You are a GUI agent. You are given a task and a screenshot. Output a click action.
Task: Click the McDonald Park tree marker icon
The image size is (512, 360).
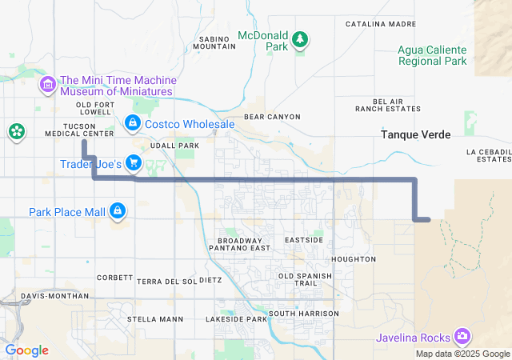tap(300, 39)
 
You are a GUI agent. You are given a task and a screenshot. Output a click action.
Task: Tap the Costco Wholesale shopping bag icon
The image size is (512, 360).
tap(133, 123)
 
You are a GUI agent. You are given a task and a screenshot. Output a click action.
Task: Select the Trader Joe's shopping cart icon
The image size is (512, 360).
tap(134, 164)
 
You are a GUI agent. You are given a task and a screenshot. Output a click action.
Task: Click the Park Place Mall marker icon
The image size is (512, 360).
tap(118, 211)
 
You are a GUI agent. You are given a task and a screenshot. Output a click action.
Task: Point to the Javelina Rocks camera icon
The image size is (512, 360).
tap(462, 337)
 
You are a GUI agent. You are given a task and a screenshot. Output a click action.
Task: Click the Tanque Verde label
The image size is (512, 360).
tap(416, 134)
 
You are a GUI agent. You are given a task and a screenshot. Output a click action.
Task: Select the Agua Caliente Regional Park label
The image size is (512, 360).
tap(432, 54)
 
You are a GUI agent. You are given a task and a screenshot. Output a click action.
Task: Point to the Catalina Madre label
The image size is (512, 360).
tap(381, 24)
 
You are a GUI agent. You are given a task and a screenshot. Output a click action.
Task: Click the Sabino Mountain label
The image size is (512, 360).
tap(215, 42)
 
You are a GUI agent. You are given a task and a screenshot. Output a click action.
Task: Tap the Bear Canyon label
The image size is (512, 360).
tap(272, 117)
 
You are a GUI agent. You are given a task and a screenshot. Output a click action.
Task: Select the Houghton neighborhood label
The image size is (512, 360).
tap(353, 259)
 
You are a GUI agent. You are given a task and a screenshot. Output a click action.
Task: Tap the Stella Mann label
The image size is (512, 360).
tap(155, 319)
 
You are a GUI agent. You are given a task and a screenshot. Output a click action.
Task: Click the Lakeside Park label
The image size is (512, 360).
tap(236, 319)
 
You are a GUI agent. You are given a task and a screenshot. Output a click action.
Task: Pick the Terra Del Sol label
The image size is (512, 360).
tap(166, 282)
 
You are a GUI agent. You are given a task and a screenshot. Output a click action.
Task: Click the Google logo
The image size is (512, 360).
tap(26, 350)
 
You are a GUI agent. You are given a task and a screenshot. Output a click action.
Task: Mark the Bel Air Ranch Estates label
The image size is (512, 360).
tap(388, 105)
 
